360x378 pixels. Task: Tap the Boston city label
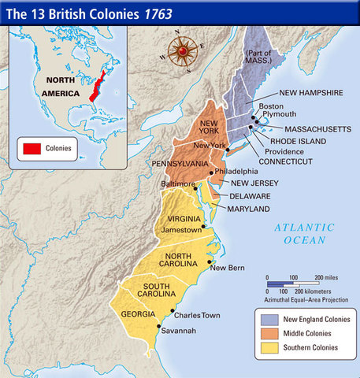click(272, 106)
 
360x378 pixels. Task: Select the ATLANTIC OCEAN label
click(305, 233)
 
